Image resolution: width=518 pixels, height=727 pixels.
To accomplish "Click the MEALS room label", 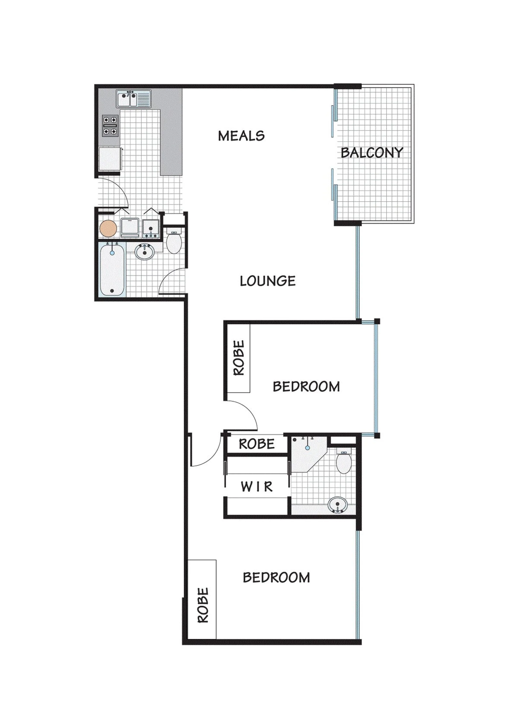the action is tap(241, 136).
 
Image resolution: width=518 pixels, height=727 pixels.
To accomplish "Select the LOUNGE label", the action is tap(268, 281).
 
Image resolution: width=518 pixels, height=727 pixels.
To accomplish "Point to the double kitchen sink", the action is tap(134, 99).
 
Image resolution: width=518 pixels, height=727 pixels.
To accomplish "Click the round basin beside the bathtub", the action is tap(145, 252).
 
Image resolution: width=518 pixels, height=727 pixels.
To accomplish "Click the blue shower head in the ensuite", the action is tap(308, 448).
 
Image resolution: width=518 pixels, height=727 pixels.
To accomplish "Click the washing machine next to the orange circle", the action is tap(130, 228).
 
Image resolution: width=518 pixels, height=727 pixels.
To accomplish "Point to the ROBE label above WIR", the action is tap(257, 444).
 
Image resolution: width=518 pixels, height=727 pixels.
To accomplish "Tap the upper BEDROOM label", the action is tap(306, 387).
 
